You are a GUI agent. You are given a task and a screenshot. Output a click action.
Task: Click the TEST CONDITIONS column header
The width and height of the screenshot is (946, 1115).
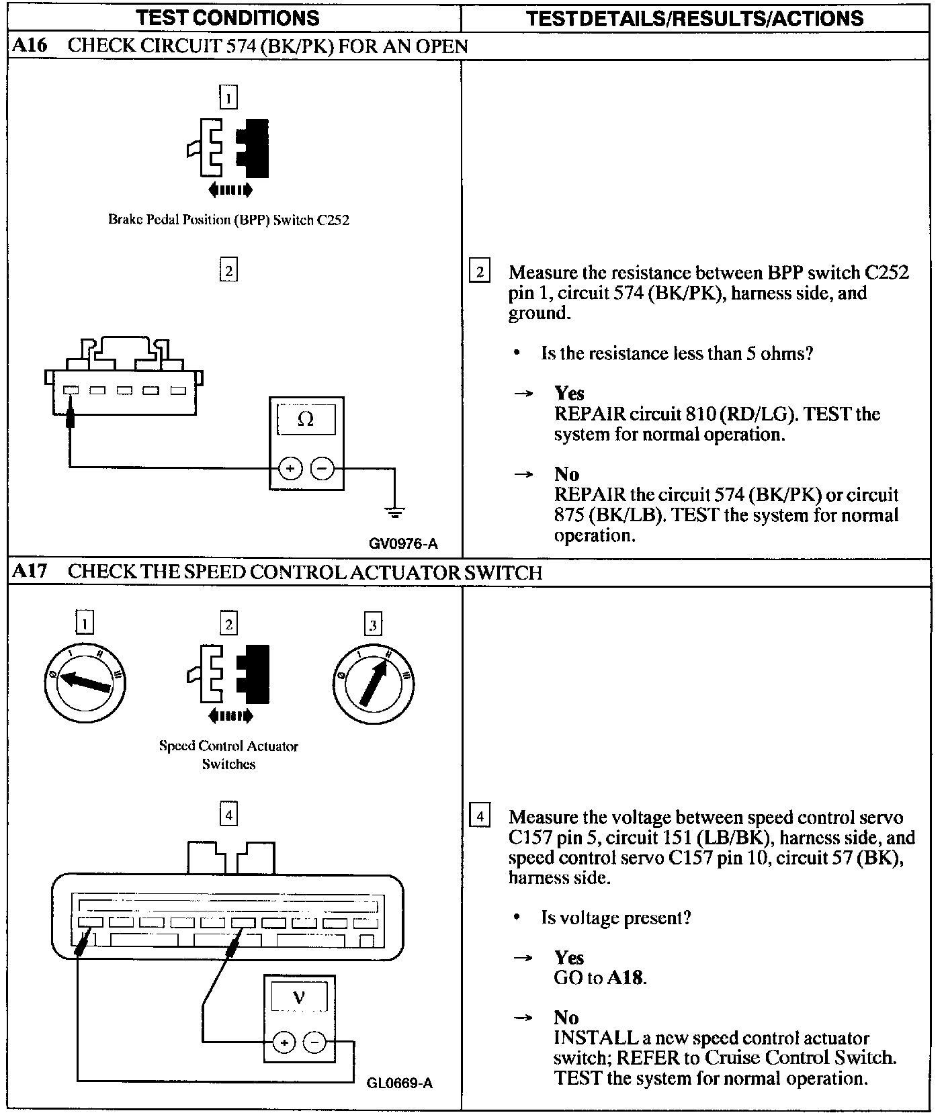coord(228,17)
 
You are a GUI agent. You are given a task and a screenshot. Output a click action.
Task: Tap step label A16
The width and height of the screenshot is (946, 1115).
coord(30,46)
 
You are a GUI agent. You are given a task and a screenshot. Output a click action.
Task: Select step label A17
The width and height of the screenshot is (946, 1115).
coord(30,572)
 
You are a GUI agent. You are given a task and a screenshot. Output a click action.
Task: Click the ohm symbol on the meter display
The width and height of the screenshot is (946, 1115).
coord(305,419)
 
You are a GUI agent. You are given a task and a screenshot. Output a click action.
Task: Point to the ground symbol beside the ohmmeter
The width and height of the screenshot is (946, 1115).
coord(394,513)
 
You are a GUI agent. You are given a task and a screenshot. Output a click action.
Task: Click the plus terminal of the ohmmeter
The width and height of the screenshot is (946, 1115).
coord(290,468)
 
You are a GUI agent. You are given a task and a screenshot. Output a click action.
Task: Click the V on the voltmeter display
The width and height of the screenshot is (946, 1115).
coord(299,998)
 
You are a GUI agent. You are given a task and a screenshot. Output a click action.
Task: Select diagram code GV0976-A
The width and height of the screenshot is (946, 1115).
coord(403,543)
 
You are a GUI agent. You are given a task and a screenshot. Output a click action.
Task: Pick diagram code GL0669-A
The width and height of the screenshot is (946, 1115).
coord(400,1083)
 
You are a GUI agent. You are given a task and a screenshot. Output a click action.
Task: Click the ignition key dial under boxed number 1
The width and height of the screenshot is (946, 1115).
coord(85,682)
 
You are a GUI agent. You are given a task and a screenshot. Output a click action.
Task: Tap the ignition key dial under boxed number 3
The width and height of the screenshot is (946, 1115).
coord(373,682)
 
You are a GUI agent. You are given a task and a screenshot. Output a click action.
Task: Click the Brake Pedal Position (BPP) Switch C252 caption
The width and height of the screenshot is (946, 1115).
coord(228,220)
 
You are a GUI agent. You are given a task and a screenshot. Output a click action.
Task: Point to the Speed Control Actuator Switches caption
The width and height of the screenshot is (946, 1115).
coord(228,754)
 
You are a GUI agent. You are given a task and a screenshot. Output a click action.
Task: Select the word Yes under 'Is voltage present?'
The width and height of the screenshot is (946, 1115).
coord(569,957)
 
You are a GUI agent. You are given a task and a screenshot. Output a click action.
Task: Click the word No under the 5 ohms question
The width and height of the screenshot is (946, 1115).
coord(566,474)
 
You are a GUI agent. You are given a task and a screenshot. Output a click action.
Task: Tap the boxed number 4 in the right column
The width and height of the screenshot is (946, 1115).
coord(479,817)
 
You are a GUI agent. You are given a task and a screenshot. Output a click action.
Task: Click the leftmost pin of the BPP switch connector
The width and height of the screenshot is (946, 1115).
coord(71,390)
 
